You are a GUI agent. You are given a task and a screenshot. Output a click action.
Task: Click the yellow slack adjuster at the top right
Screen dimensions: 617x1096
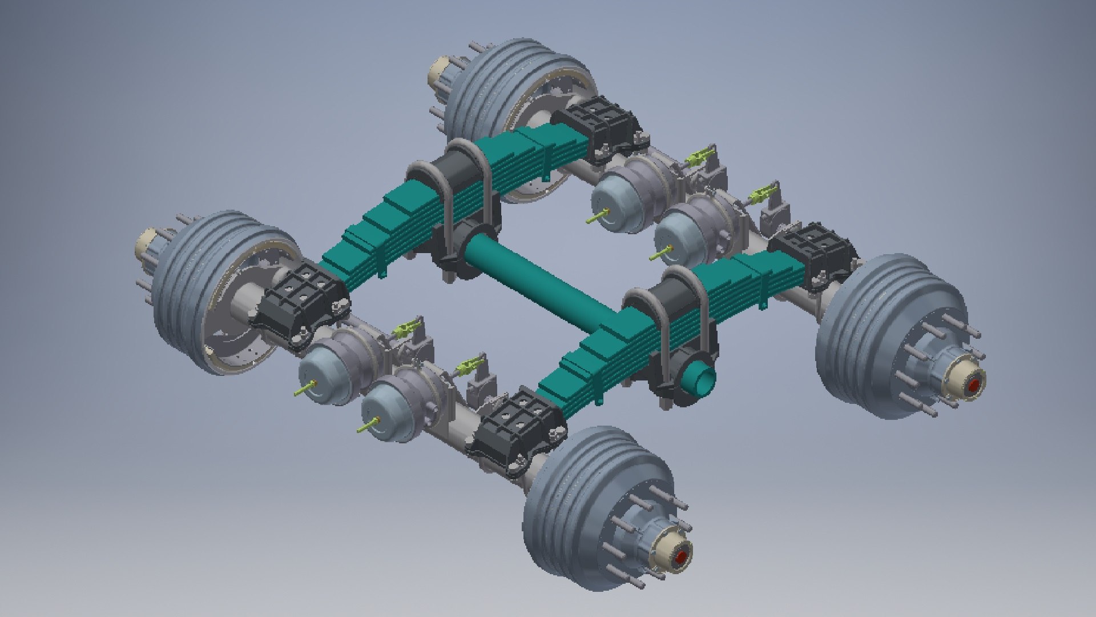click(765, 194)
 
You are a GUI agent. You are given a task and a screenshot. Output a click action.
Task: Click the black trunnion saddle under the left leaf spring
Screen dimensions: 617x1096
click(457, 251)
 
